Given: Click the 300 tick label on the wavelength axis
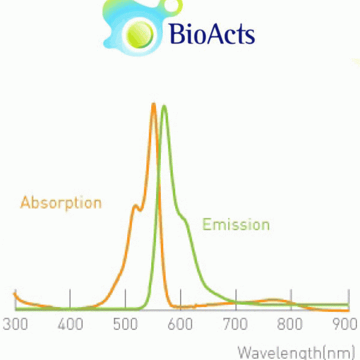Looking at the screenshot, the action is [15, 324].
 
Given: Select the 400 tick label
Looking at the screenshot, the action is [70, 324].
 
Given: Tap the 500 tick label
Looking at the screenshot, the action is [125, 324].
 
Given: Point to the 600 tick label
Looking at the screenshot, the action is [180, 324].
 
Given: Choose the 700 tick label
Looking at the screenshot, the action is [236, 324].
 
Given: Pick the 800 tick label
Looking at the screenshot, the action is [290, 324].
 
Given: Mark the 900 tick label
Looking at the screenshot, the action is [346, 324].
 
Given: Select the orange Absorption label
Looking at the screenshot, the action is [61, 203].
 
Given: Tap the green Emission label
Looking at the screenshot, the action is [236, 224].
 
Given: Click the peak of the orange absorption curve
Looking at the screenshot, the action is [154, 104].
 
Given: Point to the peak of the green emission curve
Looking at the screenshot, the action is [164, 106].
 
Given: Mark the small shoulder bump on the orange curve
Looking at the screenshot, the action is [136, 206].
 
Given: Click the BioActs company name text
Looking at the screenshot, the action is [212, 34].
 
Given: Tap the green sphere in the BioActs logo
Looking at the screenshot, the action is [140, 35].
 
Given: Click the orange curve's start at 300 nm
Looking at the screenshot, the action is [14, 294].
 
